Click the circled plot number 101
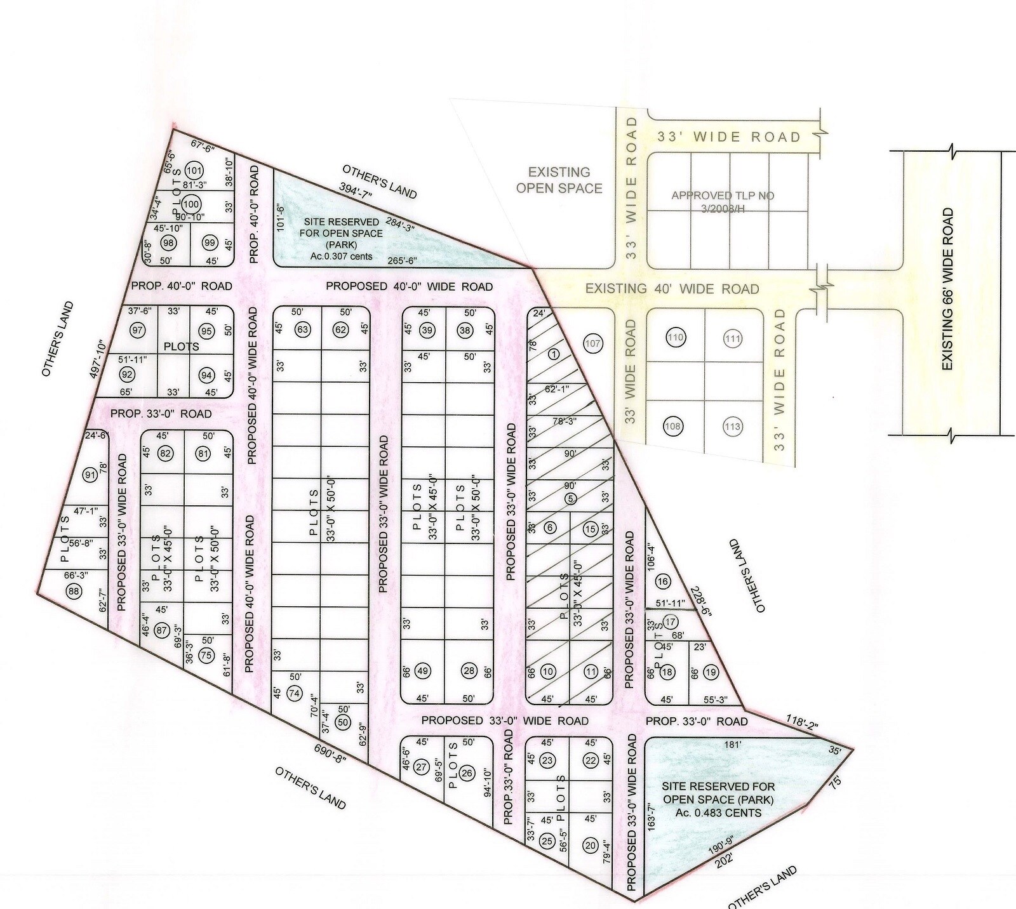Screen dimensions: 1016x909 pyautogui.click(x=194, y=171)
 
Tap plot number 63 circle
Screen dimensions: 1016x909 pyautogui.click(x=302, y=329)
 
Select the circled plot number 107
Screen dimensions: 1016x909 pyautogui.click(x=592, y=343)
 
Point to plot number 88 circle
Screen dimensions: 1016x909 pyautogui.click(x=74, y=590)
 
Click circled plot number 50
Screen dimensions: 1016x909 pyautogui.click(x=343, y=722)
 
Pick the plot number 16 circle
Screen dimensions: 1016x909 pyautogui.click(x=663, y=581)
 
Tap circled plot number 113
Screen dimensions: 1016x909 pyautogui.click(x=732, y=427)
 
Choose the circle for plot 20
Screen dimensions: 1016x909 pyautogui.click(x=591, y=845)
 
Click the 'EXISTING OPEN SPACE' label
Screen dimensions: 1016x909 pyautogui.click(x=559, y=180)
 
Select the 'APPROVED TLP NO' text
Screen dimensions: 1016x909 pyautogui.click(x=723, y=196)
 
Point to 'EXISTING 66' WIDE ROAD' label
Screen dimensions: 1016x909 pyautogui.click(x=947, y=289)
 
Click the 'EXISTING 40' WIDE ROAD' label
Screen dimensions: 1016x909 pyautogui.click(x=672, y=289)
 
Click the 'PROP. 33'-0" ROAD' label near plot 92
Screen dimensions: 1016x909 pyautogui.click(x=161, y=414)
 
